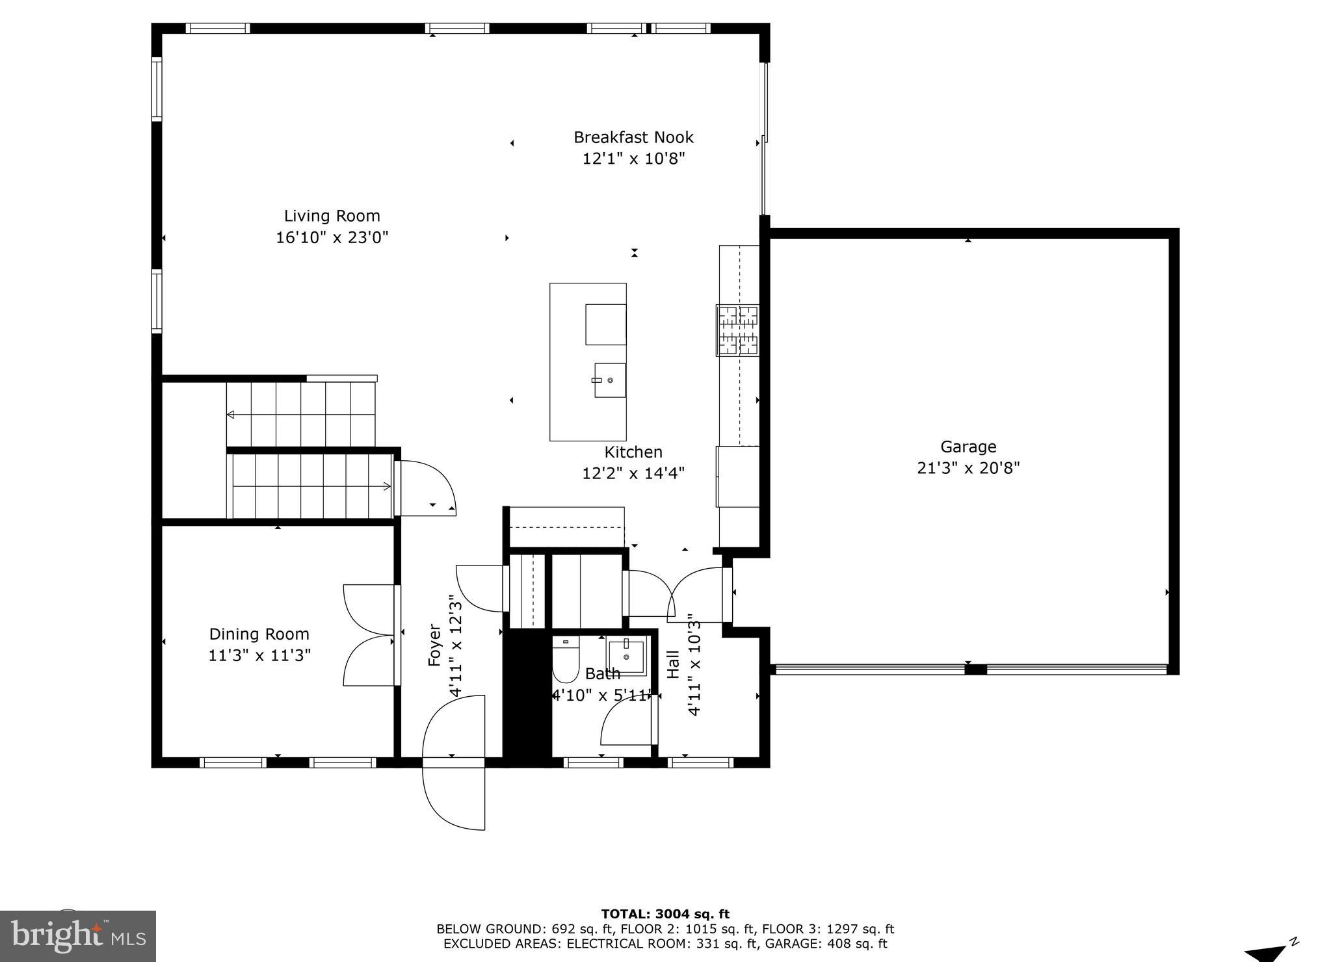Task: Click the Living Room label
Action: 332,216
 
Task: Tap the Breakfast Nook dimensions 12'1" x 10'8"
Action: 633,159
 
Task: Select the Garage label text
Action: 968,447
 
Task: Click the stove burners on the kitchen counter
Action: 738,330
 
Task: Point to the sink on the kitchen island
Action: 610,380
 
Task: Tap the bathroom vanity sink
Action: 626,657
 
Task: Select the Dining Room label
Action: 259,634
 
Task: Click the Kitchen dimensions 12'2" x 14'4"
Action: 633,473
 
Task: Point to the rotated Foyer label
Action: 435,645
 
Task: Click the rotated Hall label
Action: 674,664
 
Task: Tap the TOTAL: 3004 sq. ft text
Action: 665,915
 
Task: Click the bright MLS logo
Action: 78,936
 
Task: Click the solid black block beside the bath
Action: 527,695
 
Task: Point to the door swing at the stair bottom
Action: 426,487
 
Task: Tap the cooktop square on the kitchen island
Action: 605,324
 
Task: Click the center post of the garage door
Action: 975,669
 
